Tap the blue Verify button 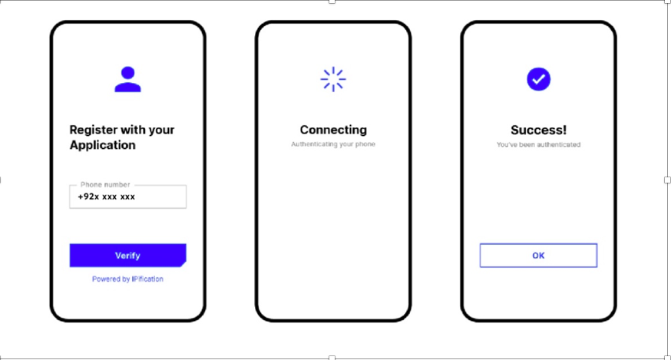(127, 256)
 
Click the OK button (538, 256)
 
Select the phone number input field (127, 197)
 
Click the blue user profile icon (127, 79)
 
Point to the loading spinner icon (333, 79)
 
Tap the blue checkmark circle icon (538, 79)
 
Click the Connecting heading (333, 130)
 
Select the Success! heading (538, 130)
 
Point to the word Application (103, 146)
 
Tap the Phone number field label (105, 184)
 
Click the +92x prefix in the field (88, 197)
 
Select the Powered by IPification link (127, 279)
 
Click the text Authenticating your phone (333, 144)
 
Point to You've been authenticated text (538, 144)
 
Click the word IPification (147, 279)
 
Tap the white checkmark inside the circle (539, 79)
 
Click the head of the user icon (127, 72)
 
